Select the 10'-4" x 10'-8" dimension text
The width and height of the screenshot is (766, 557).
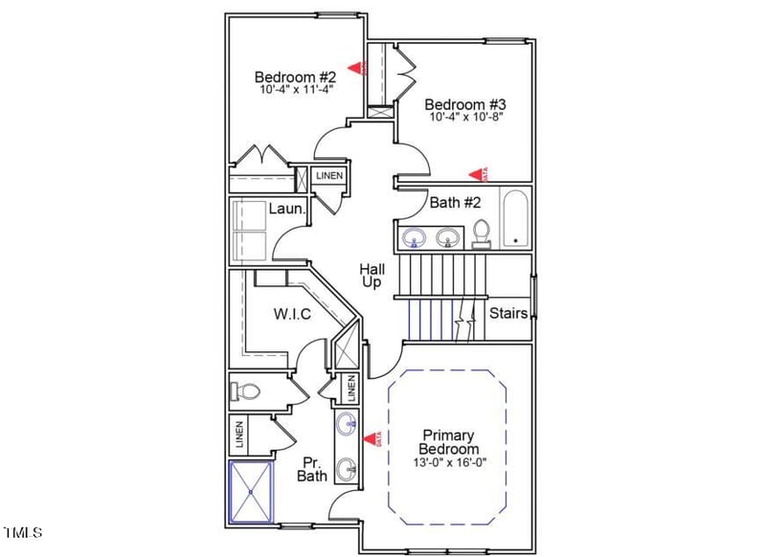[463, 118]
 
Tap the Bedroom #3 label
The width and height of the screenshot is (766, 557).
[463, 103]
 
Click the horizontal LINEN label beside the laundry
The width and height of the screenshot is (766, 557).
[329, 176]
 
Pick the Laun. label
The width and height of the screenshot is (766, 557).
[287, 209]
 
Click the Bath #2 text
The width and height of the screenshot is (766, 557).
[455, 202]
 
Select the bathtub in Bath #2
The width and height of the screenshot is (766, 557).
[515, 218]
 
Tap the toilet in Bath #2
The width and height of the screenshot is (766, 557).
[482, 234]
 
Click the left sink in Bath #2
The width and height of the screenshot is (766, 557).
[415, 236]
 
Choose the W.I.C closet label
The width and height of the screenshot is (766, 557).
[292, 313]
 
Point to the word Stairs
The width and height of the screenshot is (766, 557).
[508, 313]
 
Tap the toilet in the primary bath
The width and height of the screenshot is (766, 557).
[247, 391]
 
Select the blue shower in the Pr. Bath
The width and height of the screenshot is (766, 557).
[252, 491]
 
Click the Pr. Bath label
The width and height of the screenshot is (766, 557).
[313, 467]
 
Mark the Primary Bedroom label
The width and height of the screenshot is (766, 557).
[449, 442]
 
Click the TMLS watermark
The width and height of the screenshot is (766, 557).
[23, 532]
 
